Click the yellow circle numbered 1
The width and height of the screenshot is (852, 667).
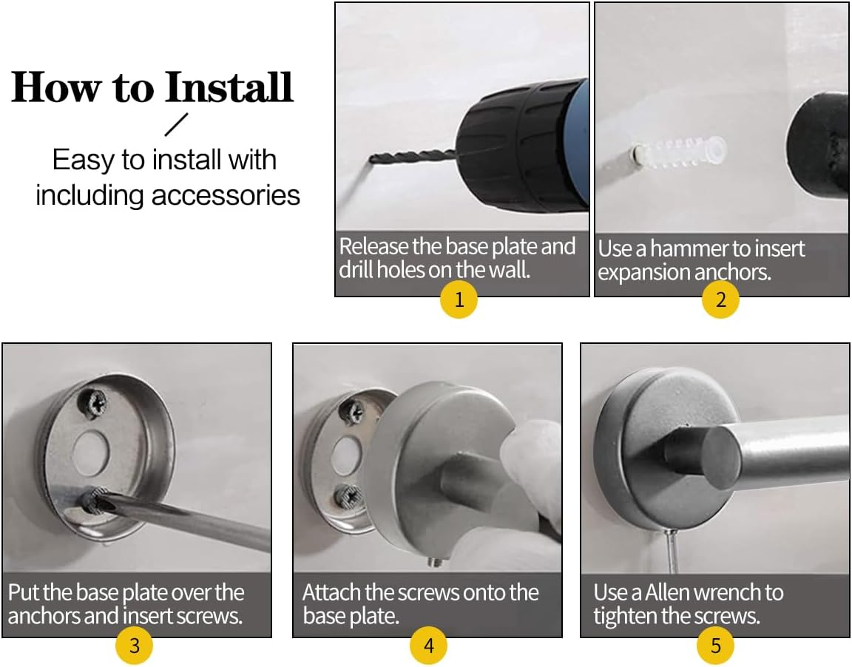[459, 299]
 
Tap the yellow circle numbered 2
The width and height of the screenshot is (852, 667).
[720, 299]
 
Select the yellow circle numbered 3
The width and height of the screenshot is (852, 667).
[134, 646]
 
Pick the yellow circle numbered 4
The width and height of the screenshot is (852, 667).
[429, 646]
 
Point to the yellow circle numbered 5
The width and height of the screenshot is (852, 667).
[716, 646]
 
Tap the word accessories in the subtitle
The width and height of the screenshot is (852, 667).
[226, 196]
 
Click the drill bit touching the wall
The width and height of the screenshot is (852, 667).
[413, 158]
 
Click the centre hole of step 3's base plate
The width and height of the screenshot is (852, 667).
[91, 451]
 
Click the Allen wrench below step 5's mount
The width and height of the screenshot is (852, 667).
[672, 552]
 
